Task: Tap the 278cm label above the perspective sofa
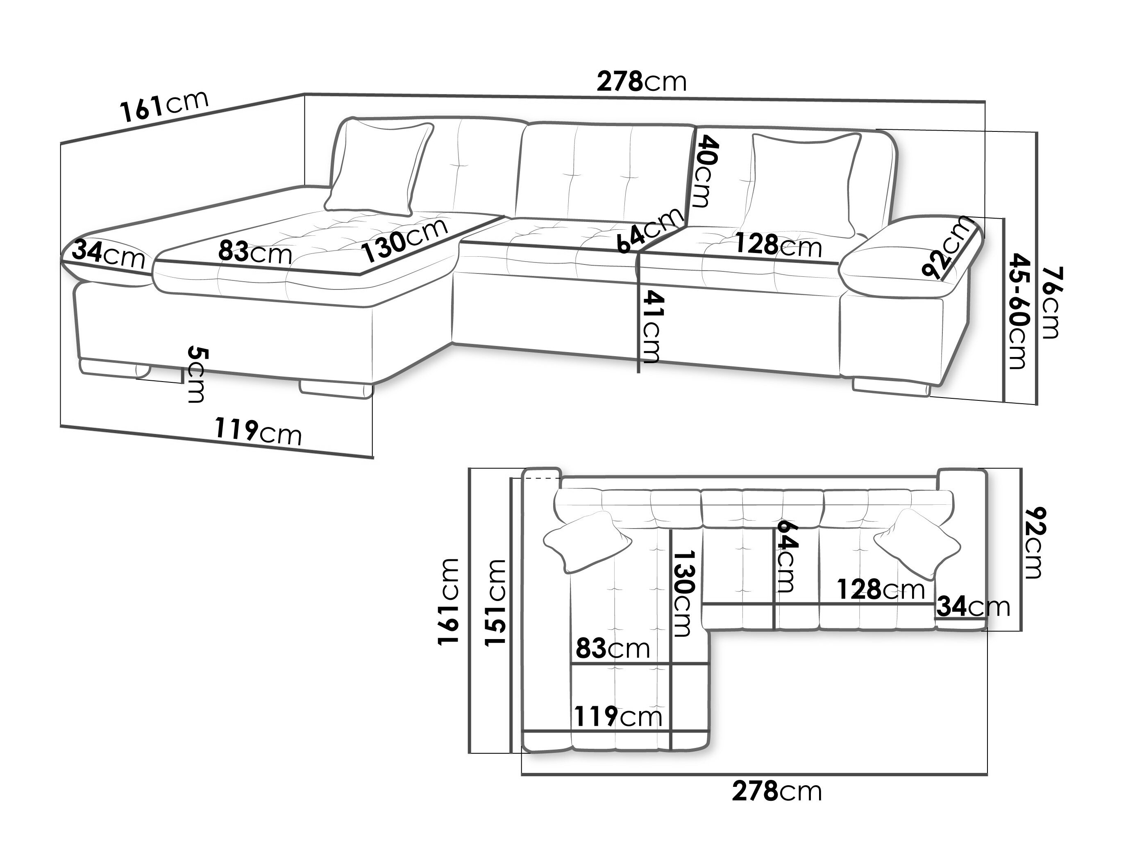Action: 642,81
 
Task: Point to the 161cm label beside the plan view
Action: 449,601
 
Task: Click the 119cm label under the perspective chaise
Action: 258,431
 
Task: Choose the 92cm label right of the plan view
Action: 1034,543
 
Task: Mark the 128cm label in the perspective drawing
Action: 778,246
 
